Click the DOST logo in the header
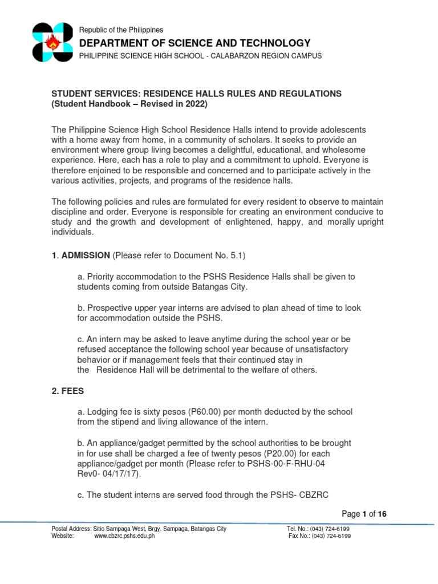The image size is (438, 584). (52, 43)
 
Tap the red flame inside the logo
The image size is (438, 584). (53, 43)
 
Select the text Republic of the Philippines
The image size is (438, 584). (121, 30)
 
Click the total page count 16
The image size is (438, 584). (382, 514)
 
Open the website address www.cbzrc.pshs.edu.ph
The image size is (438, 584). (124, 536)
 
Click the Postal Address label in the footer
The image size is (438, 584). (72, 529)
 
